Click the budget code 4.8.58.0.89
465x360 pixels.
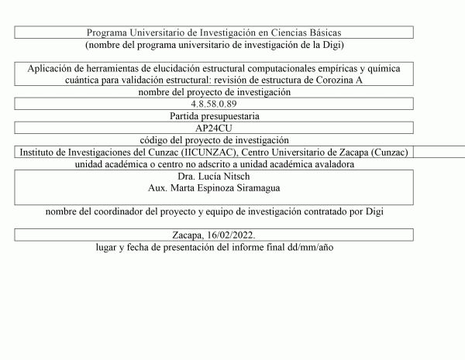click(x=213, y=104)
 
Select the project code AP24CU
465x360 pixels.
click(x=213, y=128)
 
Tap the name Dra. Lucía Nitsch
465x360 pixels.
click(x=213, y=177)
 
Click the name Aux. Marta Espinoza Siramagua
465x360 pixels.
click(x=213, y=188)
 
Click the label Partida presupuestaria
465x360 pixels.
click(x=213, y=116)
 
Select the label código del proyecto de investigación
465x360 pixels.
click(x=213, y=140)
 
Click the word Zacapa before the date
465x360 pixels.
click(x=189, y=235)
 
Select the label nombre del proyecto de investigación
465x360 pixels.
click(x=213, y=92)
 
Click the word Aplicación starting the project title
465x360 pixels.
click(x=53, y=69)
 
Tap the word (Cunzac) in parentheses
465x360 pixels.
click(x=389, y=153)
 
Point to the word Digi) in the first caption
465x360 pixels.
click(x=330, y=45)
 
